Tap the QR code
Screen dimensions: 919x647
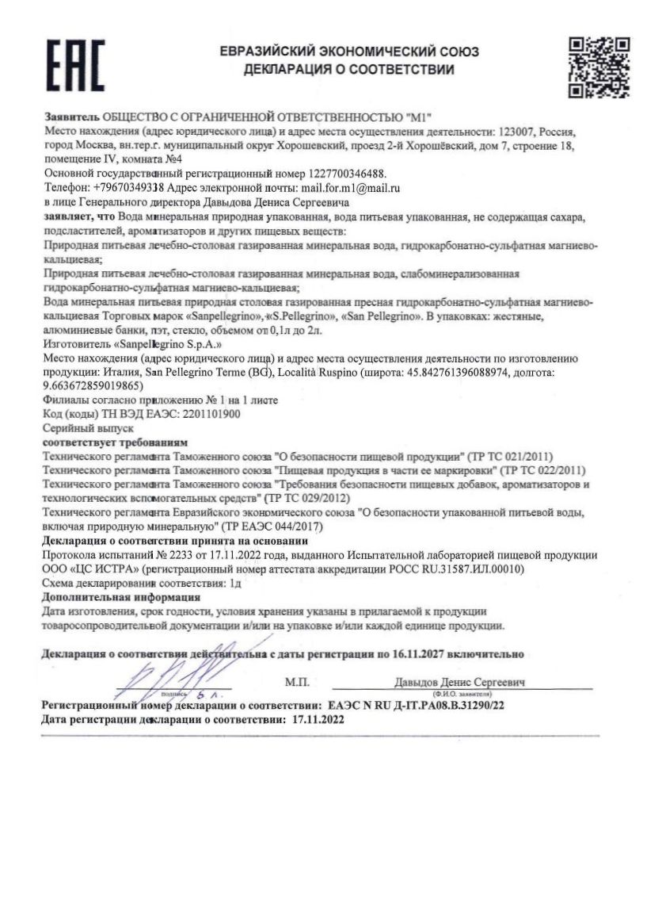(599, 67)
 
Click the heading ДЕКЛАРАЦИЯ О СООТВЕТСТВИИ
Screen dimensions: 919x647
(349, 71)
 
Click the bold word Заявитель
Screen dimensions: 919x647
(71, 116)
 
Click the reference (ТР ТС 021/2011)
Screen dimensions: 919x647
(510, 457)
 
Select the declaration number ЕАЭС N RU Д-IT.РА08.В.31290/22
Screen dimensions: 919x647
(416, 706)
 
